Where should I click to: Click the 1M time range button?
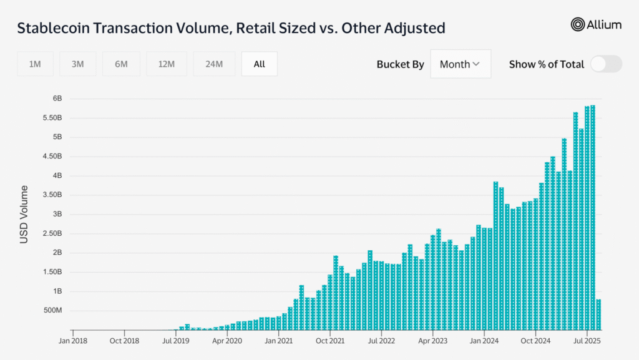pyautogui.click(x=35, y=64)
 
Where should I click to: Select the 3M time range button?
pyautogui.click(x=78, y=64)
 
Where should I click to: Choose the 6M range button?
pyautogui.click(x=121, y=64)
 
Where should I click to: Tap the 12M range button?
pyautogui.click(x=166, y=64)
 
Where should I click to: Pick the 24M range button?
pyautogui.click(x=213, y=64)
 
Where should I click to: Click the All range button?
pyautogui.click(x=260, y=64)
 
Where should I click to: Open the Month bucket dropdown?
pyautogui.click(x=460, y=64)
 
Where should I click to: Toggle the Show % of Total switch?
pyautogui.click(x=606, y=64)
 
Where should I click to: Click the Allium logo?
pyautogui.click(x=596, y=24)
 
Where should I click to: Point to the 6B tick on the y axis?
pyautogui.click(x=57, y=99)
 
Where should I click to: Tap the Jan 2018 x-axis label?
pyautogui.click(x=73, y=341)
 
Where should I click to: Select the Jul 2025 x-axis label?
pyautogui.click(x=587, y=341)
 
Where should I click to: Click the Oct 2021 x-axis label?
pyautogui.click(x=330, y=341)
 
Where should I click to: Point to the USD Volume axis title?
pyautogui.click(x=24, y=214)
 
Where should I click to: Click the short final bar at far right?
pyautogui.click(x=598, y=314)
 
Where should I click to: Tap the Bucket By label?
pyautogui.click(x=400, y=64)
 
